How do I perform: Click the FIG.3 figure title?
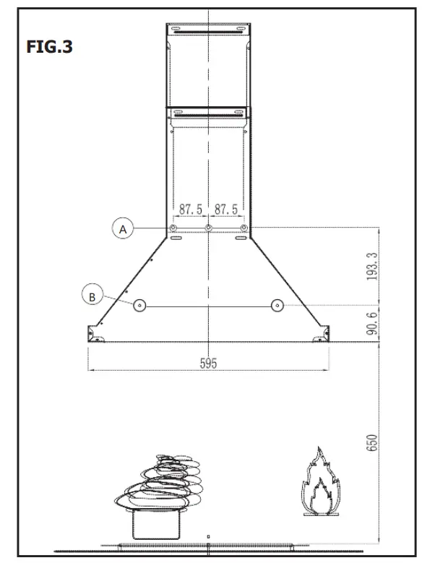50,48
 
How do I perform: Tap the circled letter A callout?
123,228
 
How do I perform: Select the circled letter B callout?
92,295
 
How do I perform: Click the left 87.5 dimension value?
191,210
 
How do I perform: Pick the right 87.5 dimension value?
226,210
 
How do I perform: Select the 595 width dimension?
208,364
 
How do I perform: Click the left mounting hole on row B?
140,306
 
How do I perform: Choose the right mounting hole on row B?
276,306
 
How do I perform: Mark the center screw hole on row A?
209,228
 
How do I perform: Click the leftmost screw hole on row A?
173,228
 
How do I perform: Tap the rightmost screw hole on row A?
244,228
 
